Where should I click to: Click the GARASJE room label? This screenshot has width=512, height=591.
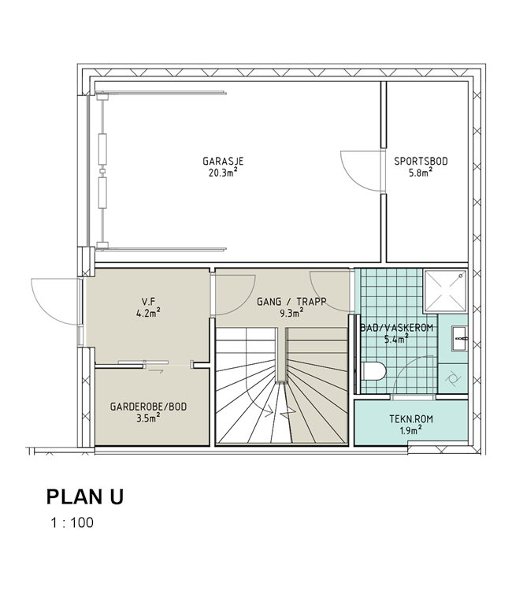pyautogui.click(x=223, y=162)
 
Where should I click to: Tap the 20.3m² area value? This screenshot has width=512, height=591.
pyautogui.click(x=223, y=173)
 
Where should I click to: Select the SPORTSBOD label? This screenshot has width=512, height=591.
pyautogui.click(x=421, y=162)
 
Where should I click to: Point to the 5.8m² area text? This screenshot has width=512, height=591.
pyautogui.click(x=421, y=173)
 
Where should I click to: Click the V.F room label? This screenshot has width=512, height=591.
pyautogui.click(x=148, y=302)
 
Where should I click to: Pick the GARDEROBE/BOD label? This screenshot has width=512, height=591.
pyautogui.click(x=148, y=407)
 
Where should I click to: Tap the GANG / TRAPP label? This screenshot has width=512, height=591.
pyautogui.click(x=291, y=302)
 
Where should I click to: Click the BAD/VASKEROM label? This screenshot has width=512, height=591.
pyautogui.click(x=396, y=328)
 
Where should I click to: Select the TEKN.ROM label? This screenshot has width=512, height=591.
pyautogui.click(x=411, y=419)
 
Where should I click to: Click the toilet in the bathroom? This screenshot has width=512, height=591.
pyautogui.click(x=373, y=371)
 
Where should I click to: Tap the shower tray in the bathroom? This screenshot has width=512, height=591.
pyautogui.click(x=445, y=291)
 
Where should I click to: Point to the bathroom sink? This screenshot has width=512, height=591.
pyautogui.click(x=459, y=339)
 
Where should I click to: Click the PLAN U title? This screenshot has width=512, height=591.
pyautogui.click(x=85, y=496)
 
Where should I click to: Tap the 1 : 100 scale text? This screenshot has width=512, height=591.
pyautogui.click(x=72, y=522)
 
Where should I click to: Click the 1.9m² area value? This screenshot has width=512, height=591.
pyautogui.click(x=410, y=430)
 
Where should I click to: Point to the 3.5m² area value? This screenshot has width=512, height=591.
pyautogui.click(x=148, y=418)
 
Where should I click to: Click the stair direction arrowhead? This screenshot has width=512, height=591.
pyautogui.click(x=270, y=412)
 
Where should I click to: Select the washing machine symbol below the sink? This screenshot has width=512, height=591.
pyautogui.click(x=452, y=379)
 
